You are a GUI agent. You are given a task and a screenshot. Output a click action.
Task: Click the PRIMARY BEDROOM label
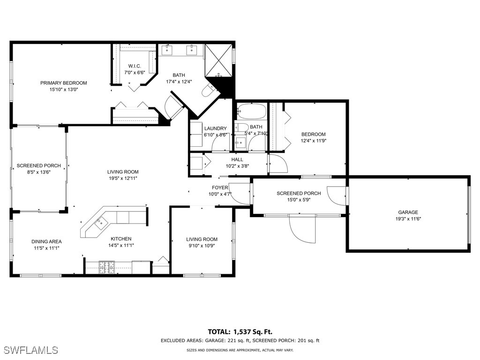[x=63, y=83]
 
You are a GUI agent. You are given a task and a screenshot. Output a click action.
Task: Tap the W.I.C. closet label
[x=135, y=66]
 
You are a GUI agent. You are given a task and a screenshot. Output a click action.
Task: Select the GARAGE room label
[x=408, y=212]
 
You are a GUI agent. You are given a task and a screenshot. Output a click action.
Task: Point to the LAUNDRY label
[x=215, y=128]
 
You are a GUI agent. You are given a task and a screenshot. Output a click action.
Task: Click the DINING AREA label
[x=46, y=242]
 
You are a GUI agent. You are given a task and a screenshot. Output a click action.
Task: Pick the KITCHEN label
[x=120, y=239]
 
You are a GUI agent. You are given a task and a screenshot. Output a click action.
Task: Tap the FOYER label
[x=220, y=187]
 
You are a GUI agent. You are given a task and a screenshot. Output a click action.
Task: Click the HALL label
[x=237, y=159]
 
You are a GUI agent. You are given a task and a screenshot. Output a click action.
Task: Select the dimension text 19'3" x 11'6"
[x=408, y=219]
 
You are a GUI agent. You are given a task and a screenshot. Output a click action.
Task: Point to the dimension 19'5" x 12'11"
[x=123, y=178]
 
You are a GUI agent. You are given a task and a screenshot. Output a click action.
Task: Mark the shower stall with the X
[x=218, y=60]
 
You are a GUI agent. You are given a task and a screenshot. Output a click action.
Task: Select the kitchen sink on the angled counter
[x=100, y=223]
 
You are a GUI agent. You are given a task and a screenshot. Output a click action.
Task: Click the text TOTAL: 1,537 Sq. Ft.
[x=240, y=331]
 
